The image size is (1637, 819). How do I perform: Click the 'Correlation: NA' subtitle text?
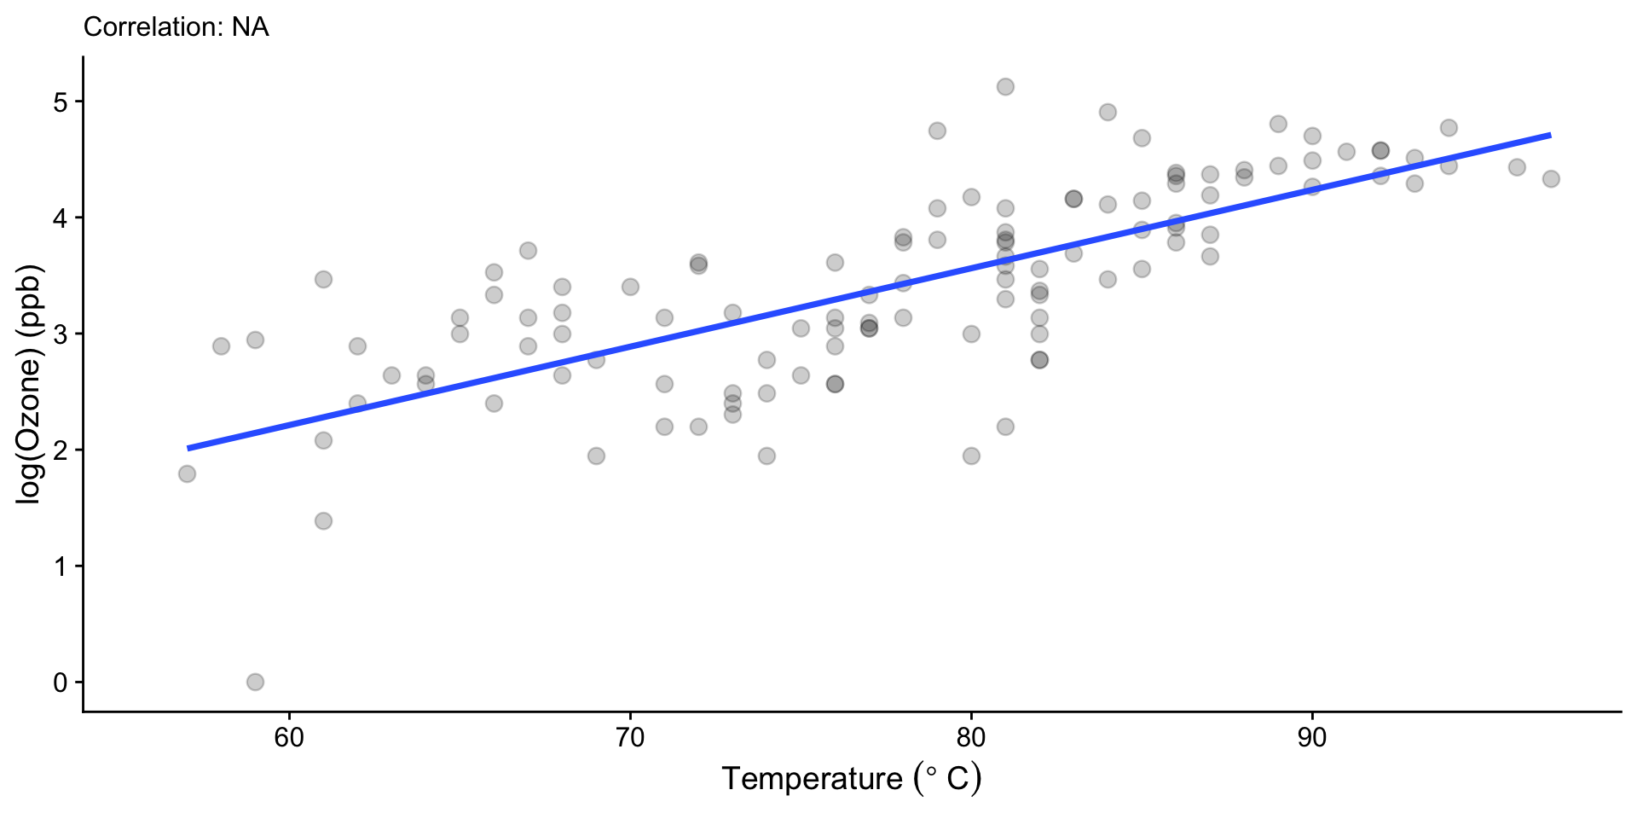[x=176, y=27]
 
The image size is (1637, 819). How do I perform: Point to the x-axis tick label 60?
[x=289, y=738]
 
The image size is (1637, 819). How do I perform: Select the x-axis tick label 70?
[x=630, y=738]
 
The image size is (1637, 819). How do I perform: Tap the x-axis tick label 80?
[x=971, y=738]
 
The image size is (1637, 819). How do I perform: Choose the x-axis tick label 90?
[x=1312, y=738]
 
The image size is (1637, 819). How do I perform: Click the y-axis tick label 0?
[x=60, y=682]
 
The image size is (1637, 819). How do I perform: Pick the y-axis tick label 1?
[x=60, y=566]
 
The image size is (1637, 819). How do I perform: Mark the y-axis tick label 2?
[x=60, y=450]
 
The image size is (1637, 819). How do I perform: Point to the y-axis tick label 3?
[x=60, y=334]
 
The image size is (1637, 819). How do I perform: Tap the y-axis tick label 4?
[x=60, y=218]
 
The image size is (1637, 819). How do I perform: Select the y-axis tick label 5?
[x=60, y=102]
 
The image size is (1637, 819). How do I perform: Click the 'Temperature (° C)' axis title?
[x=851, y=779]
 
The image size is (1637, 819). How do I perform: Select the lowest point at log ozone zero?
[x=255, y=682]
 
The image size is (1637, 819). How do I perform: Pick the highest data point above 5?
[x=1005, y=87]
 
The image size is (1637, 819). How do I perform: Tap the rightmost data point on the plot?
[x=1551, y=179]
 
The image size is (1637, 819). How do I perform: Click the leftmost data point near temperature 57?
[x=187, y=473]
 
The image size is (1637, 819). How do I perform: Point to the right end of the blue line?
[x=1549, y=135]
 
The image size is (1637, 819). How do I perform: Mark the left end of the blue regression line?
[x=188, y=448]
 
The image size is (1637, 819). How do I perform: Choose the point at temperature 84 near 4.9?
[x=1108, y=113]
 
